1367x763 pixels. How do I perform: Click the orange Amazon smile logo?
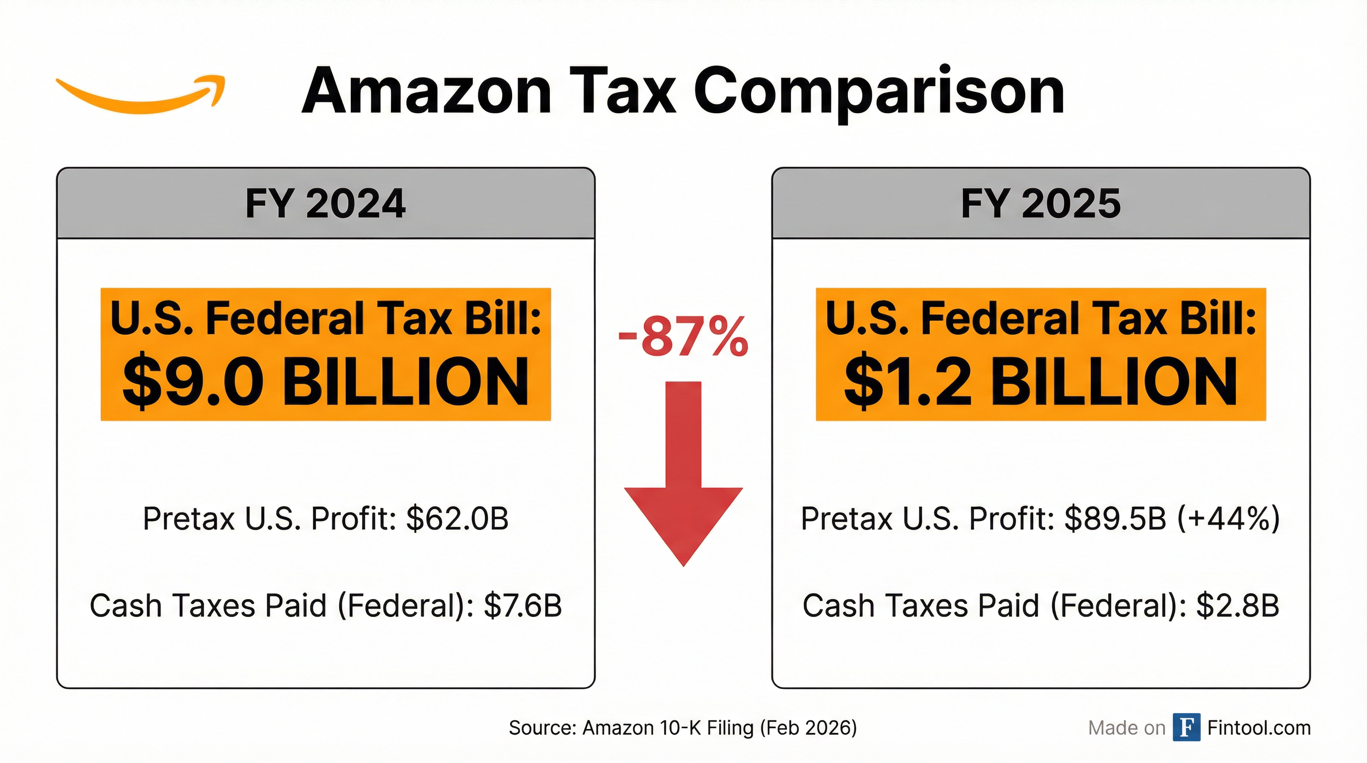[x=141, y=95]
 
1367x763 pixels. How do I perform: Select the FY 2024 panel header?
[x=325, y=203]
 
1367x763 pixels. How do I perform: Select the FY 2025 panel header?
[x=1041, y=203]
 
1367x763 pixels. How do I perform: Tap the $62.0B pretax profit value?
[x=457, y=519]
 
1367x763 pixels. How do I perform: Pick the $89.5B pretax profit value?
[x=1116, y=519]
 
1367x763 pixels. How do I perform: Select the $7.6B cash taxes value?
[x=522, y=606]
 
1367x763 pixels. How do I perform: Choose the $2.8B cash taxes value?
[x=1237, y=606]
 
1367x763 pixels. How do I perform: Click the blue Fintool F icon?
[x=1187, y=727]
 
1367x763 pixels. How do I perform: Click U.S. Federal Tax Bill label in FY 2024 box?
[x=325, y=318]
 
